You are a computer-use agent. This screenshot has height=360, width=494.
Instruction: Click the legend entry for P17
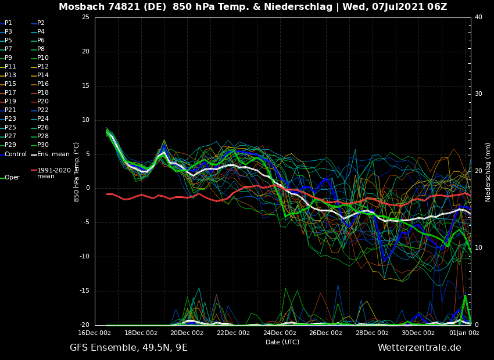(10, 93)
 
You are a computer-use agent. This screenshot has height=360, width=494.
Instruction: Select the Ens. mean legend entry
(53, 154)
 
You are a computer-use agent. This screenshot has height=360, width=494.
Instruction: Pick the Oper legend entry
(12, 178)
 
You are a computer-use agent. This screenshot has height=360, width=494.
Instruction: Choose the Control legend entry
(16, 154)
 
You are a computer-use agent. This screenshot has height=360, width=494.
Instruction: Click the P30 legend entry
(43, 145)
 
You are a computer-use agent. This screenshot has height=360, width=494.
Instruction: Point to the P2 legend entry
(41, 23)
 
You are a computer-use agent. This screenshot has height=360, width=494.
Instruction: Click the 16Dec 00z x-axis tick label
(95, 333)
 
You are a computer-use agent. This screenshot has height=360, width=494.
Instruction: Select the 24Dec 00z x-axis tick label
(280, 333)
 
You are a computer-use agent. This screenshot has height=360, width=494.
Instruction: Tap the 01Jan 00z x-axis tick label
(464, 333)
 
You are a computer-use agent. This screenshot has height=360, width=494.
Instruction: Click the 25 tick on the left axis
(85, 17)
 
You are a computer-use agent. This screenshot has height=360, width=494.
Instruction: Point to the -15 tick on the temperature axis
(84, 291)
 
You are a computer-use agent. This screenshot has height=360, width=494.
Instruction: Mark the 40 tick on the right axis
(478, 17)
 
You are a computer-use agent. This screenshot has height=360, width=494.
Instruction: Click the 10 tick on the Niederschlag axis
(478, 248)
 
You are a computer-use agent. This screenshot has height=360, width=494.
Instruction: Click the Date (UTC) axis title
(282, 342)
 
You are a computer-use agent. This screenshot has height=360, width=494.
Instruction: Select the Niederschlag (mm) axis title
(488, 172)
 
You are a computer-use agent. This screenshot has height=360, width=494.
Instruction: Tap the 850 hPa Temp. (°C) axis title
(77, 172)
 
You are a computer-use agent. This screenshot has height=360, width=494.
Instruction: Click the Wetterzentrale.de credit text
(419, 348)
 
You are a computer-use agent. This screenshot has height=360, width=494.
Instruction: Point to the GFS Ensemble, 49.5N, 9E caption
(128, 348)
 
